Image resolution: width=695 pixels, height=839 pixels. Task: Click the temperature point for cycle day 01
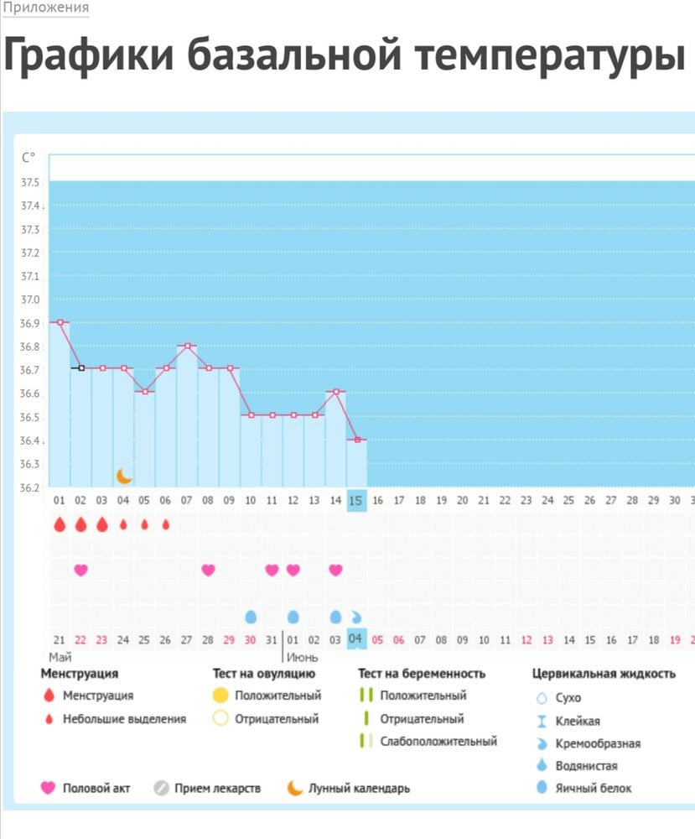tap(60, 321)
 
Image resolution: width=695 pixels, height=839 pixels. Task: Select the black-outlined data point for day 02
tap(81, 367)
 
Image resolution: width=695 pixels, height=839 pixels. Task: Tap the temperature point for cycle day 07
tap(188, 345)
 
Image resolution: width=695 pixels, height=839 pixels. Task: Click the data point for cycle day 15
tap(356, 439)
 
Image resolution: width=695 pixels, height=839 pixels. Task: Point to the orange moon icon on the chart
tap(124, 477)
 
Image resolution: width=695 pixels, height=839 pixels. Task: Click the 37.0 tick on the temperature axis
tap(30, 300)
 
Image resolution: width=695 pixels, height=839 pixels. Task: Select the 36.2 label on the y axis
tap(30, 487)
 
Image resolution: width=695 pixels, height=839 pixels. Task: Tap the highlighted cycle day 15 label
tap(356, 500)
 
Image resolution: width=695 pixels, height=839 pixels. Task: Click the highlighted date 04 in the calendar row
tap(356, 638)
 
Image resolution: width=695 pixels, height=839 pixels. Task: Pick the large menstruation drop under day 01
tap(60, 524)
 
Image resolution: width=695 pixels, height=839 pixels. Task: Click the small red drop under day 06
tap(166, 524)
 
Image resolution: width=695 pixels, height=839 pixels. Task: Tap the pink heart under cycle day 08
tap(208, 571)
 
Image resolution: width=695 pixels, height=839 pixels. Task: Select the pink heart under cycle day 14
tap(335, 571)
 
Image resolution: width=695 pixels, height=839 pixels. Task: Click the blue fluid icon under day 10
tap(250, 618)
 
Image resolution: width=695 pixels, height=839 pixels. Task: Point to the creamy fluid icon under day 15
tap(356, 616)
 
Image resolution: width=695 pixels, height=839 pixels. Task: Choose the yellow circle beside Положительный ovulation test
tap(220, 696)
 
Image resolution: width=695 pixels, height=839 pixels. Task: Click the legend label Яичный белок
tap(594, 788)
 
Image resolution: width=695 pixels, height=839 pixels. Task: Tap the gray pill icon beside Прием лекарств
tap(162, 789)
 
